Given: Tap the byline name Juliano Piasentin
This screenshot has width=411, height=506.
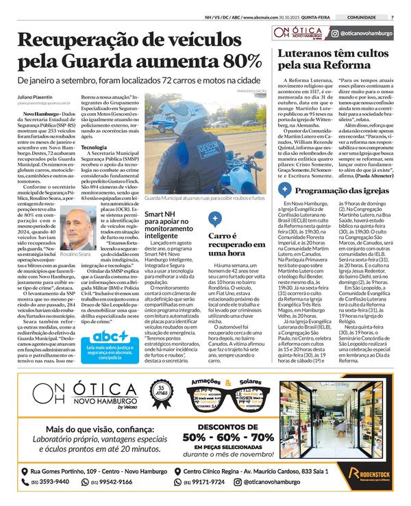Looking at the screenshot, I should tap(40, 97).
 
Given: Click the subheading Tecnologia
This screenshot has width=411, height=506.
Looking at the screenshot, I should tap(94, 147).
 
